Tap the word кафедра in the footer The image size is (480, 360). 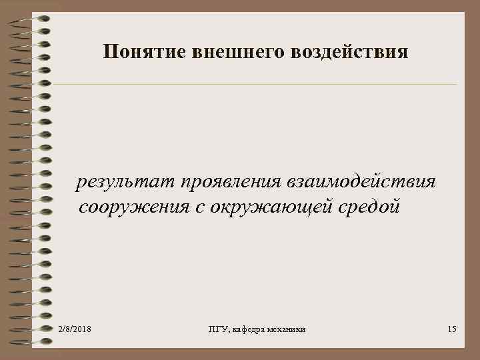pos(251,330)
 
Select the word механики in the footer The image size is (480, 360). pos(291,330)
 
